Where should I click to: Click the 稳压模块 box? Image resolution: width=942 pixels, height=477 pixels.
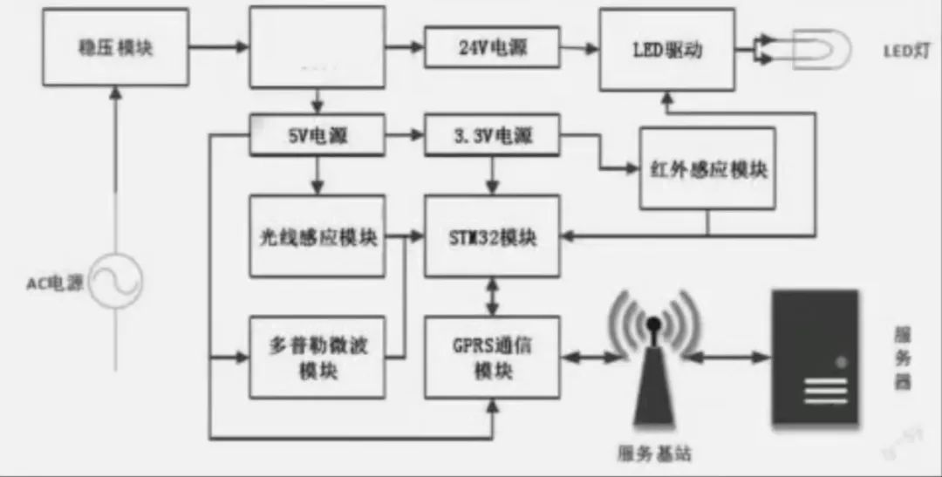[116, 47]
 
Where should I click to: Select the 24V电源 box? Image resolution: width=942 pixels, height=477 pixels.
[491, 48]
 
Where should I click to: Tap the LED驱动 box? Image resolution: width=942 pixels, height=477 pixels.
[666, 49]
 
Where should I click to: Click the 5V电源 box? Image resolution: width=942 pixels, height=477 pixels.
[317, 136]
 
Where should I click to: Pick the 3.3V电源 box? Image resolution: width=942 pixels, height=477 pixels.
[491, 136]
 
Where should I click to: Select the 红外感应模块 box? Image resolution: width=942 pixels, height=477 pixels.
[707, 168]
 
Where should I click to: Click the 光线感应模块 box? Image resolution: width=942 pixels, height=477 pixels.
[317, 236]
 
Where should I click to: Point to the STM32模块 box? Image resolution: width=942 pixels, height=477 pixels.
[491, 236]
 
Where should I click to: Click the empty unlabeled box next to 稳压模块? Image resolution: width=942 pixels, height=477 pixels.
[317, 47]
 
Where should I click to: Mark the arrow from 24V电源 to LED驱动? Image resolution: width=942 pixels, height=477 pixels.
[578, 48]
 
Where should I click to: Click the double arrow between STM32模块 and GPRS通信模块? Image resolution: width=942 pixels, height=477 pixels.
[494, 298]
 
